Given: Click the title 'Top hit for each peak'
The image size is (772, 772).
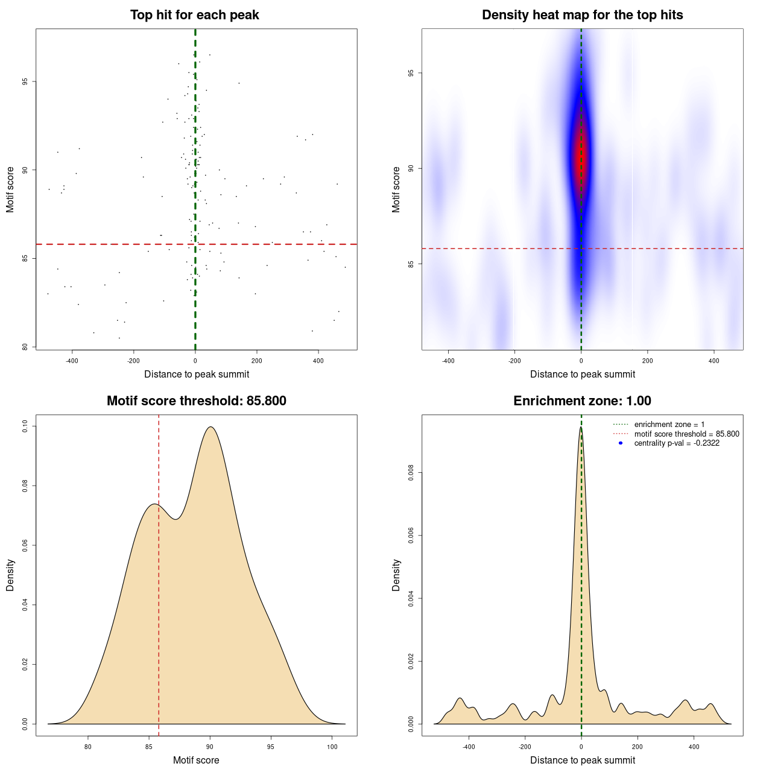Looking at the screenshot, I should (194, 15).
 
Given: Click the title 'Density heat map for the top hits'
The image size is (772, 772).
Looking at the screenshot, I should (582, 15).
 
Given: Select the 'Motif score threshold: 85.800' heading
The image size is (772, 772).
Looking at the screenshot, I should (196, 401).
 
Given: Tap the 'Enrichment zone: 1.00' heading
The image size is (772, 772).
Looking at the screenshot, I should (582, 401).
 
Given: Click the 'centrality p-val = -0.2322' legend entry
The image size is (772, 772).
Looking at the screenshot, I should (677, 443).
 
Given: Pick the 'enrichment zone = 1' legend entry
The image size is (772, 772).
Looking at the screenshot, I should (669, 425).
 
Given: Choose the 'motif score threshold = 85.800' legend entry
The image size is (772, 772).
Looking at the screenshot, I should (686, 434).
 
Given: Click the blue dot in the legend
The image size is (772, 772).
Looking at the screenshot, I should (621, 443).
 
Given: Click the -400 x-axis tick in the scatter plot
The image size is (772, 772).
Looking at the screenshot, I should (72, 361).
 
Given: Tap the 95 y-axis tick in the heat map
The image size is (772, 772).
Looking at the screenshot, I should (411, 73).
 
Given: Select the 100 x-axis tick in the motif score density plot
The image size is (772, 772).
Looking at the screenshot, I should (332, 747).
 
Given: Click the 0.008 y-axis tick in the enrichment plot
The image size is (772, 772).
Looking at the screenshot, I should (411, 473).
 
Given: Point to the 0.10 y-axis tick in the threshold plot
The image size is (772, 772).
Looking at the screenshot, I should (25, 426).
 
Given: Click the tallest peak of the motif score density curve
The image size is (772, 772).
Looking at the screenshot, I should (210, 427).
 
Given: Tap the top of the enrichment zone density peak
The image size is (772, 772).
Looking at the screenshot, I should (581, 428).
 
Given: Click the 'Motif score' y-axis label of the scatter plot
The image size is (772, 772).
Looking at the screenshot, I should (10, 189).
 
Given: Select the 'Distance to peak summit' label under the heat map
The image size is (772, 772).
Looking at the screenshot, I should (582, 374).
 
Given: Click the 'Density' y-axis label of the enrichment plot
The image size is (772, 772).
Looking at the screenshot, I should (396, 575).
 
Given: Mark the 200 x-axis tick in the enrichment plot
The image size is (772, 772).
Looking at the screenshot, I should (638, 747).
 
